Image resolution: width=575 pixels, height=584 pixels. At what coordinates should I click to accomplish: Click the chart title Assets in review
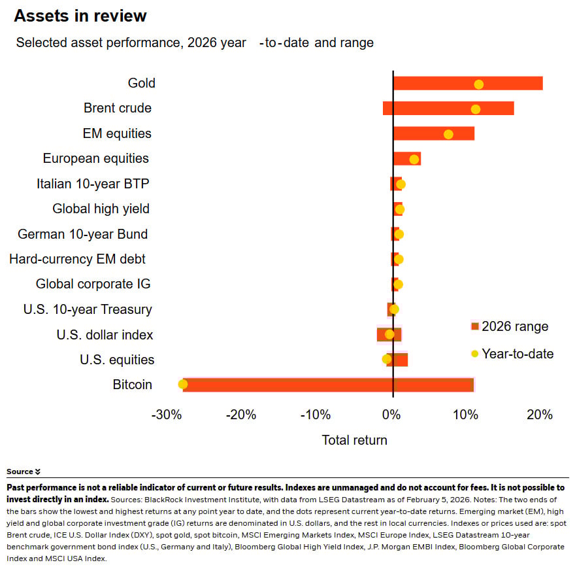pos(80,16)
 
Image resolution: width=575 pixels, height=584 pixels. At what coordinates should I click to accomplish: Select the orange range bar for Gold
pos(468,83)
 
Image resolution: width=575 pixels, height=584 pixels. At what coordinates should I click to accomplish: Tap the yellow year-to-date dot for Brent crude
pos(476,109)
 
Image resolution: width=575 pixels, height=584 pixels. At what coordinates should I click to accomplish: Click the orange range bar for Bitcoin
pos(327,385)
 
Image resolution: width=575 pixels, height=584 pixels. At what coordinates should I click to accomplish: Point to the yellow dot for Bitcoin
pos(183,385)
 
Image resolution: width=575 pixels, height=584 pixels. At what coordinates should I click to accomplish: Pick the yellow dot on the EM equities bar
pos(448,134)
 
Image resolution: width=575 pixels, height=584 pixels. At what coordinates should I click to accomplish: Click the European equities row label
pos(95,158)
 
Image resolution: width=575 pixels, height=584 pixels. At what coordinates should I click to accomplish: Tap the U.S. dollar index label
pos(105,335)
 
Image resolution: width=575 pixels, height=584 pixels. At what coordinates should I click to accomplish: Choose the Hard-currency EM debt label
pos(77,259)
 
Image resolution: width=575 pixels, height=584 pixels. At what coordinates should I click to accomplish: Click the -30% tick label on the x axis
pos(166,415)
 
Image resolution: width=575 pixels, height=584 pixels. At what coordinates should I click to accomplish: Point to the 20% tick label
pos(540,415)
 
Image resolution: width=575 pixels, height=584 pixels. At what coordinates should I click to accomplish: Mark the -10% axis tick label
pos(316,415)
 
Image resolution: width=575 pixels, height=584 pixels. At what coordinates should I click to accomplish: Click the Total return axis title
pos(354,440)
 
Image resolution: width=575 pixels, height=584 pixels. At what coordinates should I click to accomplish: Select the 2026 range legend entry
pos(510,326)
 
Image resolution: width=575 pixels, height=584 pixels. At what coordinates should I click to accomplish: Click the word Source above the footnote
pos(20,472)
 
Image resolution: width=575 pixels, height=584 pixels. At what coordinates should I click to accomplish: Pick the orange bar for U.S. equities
pos(397,360)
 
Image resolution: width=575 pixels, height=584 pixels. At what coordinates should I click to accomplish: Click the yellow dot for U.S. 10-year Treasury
pos(394,309)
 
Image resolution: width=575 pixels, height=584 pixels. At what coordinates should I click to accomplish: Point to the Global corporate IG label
pos(93,284)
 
